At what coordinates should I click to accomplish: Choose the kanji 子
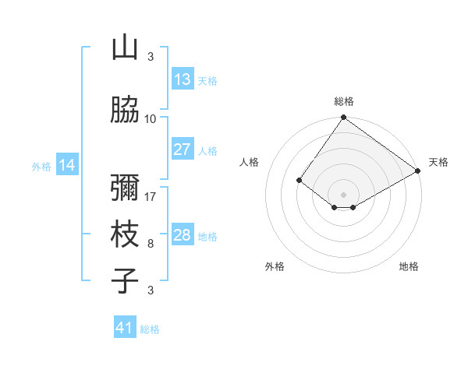pyautogui.click(x=125, y=280)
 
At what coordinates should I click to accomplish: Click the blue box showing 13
pyautogui.click(x=183, y=79)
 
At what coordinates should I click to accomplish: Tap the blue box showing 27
pyautogui.click(x=183, y=150)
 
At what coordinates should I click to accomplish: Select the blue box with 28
pyautogui.click(x=183, y=235)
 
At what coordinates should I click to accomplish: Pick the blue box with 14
pyautogui.click(x=67, y=165)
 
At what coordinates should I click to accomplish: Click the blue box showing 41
pyautogui.click(x=125, y=328)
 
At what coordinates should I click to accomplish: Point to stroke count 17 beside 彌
pyautogui.click(x=151, y=196)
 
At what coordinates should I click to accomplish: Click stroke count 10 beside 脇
pyautogui.click(x=151, y=118)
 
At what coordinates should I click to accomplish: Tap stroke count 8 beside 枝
pyautogui.click(x=151, y=243)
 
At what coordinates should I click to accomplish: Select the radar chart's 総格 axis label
pyautogui.click(x=344, y=101)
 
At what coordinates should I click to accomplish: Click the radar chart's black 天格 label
pyautogui.click(x=438, y=162)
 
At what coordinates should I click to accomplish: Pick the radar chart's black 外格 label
pyautogui.click(x=275, y=266)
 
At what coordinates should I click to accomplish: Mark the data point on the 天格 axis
pyautogui.click(x=418, y=171)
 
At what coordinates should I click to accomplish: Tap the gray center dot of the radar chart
pyautogui.click(x=344, y=194)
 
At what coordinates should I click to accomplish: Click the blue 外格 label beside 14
pyautogui.click(x=41, y=166)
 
